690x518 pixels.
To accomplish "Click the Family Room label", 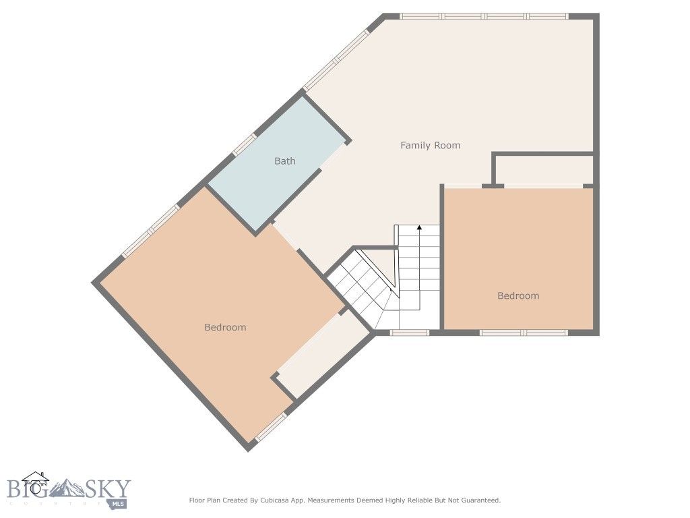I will point(430,145).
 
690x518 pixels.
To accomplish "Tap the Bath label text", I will point(284,161).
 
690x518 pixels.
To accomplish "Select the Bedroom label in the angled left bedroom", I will point(225,327).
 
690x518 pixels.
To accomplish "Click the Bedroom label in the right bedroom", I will point(518,295).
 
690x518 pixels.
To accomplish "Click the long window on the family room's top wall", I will point(484,16).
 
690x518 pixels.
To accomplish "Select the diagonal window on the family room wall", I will point(336,59).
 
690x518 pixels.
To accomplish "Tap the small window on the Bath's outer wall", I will point(245,144).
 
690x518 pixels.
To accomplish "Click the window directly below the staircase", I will point(410,332).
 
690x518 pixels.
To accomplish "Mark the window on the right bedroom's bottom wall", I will point(524,332).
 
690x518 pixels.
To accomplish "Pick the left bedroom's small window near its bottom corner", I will point(270,428).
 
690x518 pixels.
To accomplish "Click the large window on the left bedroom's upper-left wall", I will point(151,231).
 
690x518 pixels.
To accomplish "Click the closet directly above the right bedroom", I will point(544,169).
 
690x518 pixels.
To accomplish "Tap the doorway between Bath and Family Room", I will point(333,156).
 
